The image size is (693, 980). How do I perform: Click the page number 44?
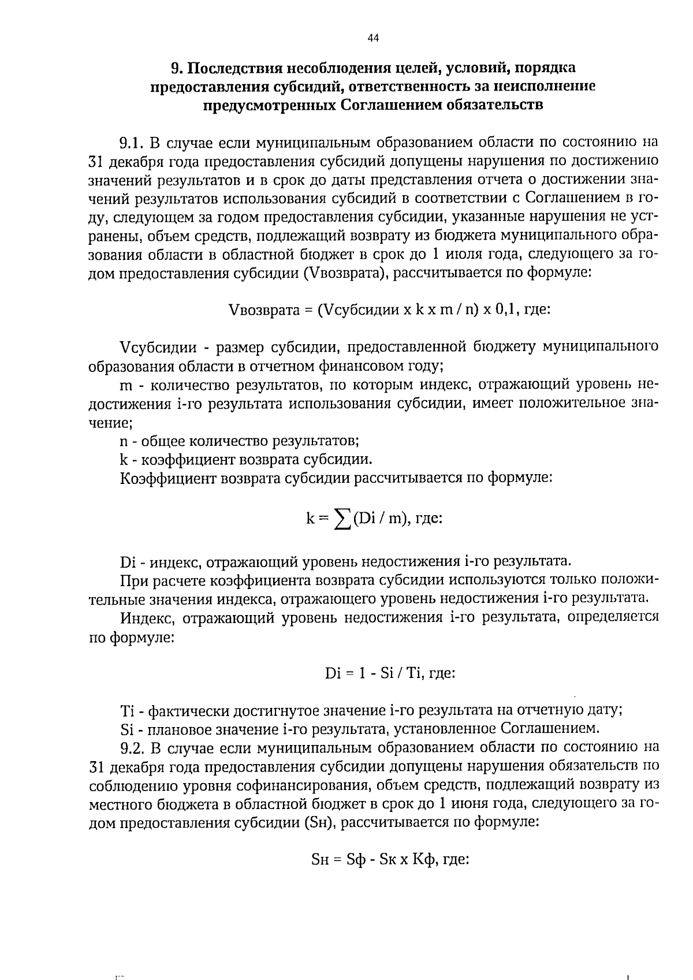[x=372, y=38]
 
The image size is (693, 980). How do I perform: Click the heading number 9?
[x=176, y=68]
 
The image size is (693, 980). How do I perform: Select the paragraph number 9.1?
[x=132, y=142]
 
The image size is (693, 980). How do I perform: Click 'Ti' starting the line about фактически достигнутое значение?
[x=127, y=710]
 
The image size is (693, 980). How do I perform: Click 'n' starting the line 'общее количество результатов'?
[x=124, y=442]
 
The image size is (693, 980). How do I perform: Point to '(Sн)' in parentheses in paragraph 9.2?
[x=319, y=822]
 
